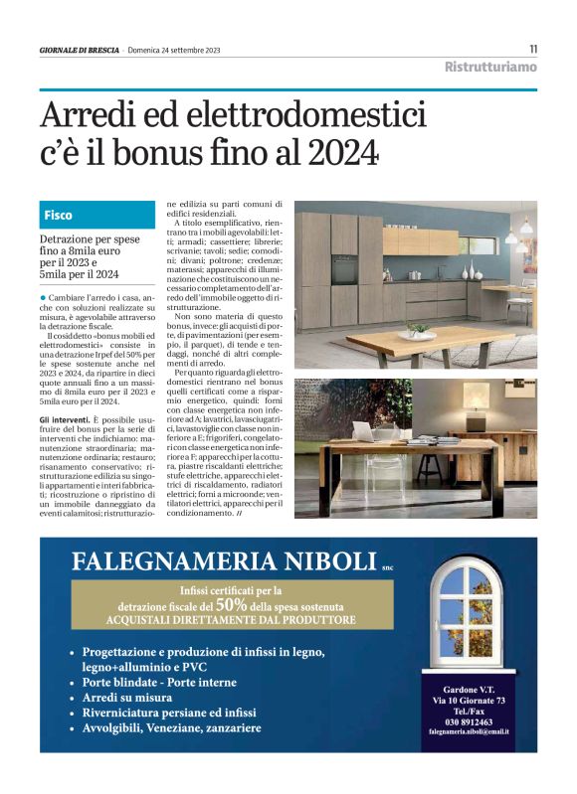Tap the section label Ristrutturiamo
click(x=489, y=68)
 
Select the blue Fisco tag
click(x=59, y=215)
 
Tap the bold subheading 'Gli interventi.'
click(x=66, y=420)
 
